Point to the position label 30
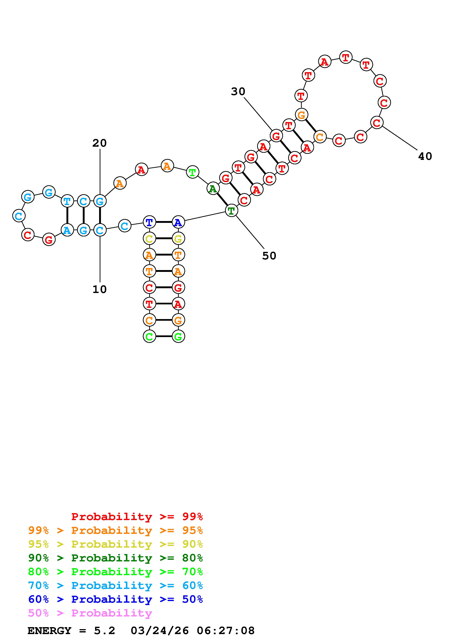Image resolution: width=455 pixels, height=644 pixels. click(238, 91)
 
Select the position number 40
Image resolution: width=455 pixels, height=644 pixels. click(425, 156)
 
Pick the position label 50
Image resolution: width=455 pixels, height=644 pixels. click(269, 256)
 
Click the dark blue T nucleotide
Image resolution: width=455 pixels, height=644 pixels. click(149, 222)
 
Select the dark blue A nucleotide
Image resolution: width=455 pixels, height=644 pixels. click(178, 222)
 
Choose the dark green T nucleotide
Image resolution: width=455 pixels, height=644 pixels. click(231, 210)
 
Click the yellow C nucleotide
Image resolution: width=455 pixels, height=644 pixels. click(149, 239)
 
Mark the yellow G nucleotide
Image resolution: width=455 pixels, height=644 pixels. click(178, 239)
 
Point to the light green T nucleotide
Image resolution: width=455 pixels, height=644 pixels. click(193, 172)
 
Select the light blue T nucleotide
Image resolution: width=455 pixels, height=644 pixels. click(67, 201)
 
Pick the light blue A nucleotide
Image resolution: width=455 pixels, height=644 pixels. click(67, 230)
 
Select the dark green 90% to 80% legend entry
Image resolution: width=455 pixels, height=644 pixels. click(115, 558)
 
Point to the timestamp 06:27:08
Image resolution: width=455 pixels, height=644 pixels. click(226, 631)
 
